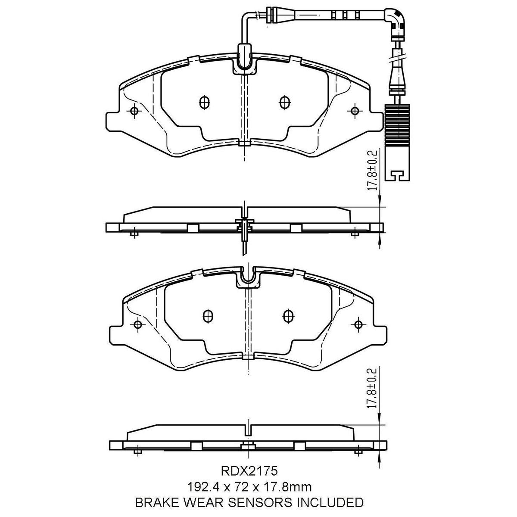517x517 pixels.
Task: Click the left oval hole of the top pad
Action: [205, 102]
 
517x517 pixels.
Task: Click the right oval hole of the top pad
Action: [283, 102]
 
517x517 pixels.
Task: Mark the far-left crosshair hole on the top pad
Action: [134, 111]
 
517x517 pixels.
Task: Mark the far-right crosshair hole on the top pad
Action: [355, 111]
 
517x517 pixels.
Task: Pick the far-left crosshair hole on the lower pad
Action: [138, 324]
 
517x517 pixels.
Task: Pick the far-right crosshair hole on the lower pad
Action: [358, 324]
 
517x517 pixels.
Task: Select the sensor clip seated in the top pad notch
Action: [244, 60]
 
